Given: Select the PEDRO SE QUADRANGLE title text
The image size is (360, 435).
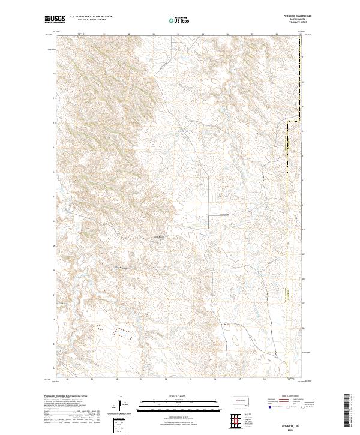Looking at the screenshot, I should (290, 17).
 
